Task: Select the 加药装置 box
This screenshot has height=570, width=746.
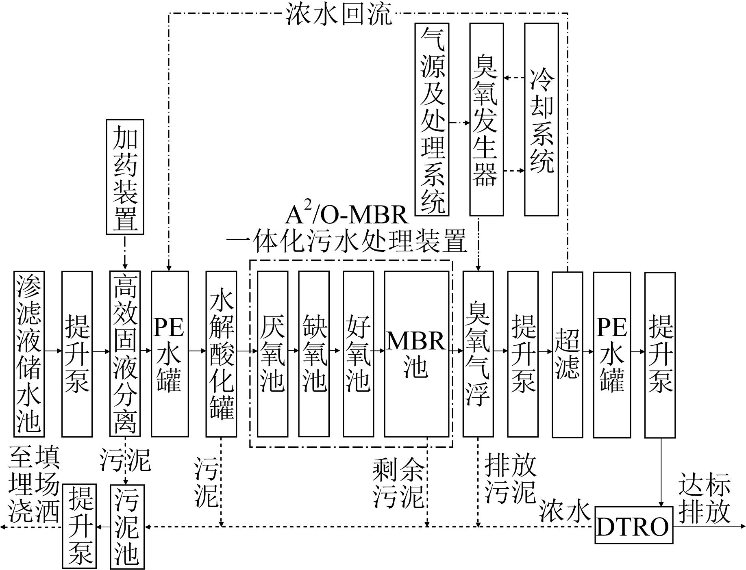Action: click(125, 177)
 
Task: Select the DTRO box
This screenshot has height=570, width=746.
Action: click(634, 525)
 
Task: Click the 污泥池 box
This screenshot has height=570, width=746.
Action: click(127, 527)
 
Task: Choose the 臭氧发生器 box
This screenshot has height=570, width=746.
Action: click(487, 119)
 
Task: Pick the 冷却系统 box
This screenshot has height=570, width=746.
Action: click(541, 119)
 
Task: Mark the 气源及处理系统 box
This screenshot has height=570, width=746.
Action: click(432, 119)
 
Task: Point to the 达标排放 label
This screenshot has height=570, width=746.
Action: click(704, 498)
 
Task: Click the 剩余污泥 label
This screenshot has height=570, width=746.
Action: click(398, 483)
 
